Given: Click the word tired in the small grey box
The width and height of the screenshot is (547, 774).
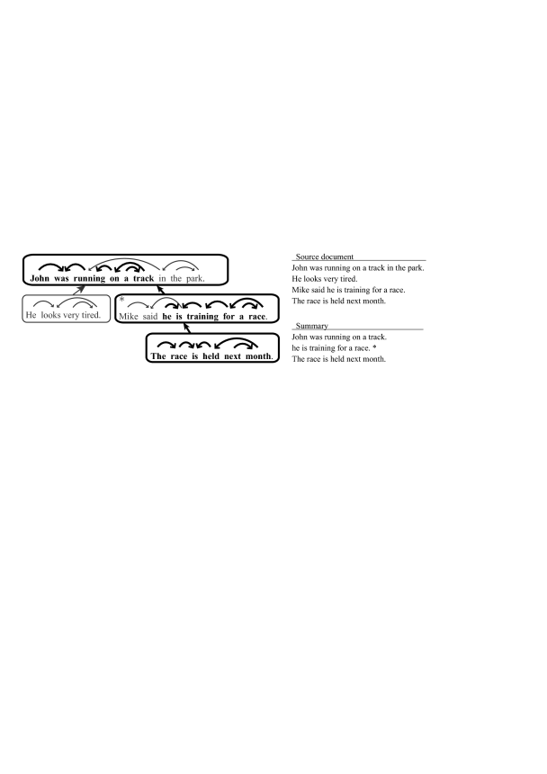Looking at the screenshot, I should point(85,316).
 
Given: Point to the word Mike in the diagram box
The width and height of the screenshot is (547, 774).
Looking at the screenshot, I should point(130,317).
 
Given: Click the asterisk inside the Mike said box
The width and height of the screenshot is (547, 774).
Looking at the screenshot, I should point(121,301).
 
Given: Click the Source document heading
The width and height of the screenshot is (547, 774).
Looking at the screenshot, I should point(325,257).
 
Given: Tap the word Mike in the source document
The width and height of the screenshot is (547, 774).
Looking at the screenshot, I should point(301,290).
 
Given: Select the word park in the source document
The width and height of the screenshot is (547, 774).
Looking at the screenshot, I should point(413,267).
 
